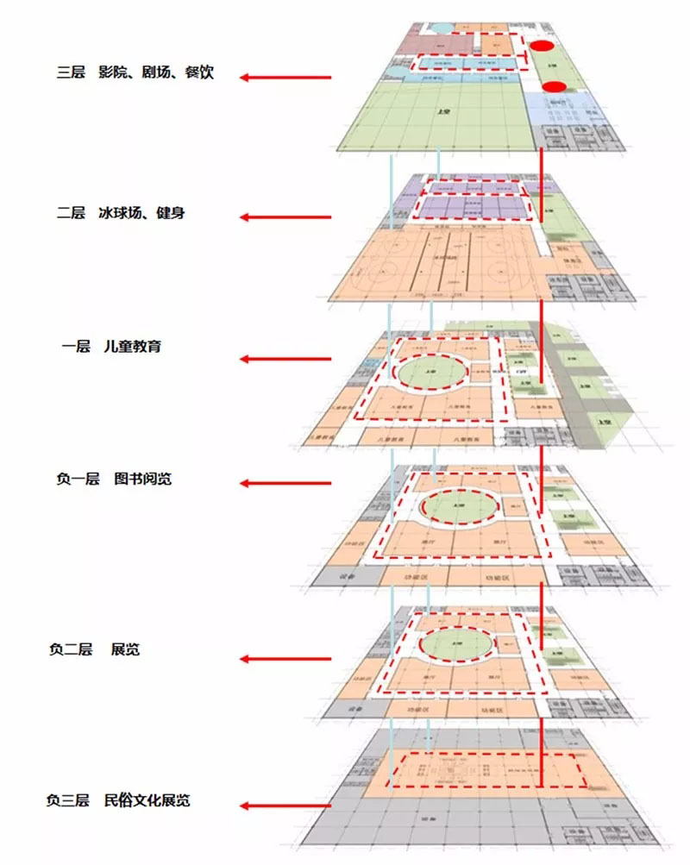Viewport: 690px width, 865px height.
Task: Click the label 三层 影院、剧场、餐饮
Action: click(135, 73)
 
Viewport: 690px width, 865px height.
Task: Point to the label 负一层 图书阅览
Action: click(113, 478)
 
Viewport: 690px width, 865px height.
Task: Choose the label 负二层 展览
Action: click(94, 649)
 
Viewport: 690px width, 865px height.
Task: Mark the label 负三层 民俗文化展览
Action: click(118, 800)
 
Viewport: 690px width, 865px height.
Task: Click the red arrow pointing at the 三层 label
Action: click(285, 78)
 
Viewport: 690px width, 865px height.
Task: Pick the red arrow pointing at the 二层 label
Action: click(285, 218)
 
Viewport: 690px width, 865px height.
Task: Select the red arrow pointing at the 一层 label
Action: click(285, 359)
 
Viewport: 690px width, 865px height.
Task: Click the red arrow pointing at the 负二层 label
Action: click(285, 659)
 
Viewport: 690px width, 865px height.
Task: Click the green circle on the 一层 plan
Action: click(432, 372)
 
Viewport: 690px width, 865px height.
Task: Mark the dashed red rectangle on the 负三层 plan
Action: click(487, 769)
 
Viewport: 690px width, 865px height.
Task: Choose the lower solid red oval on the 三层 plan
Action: click(555, 86)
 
